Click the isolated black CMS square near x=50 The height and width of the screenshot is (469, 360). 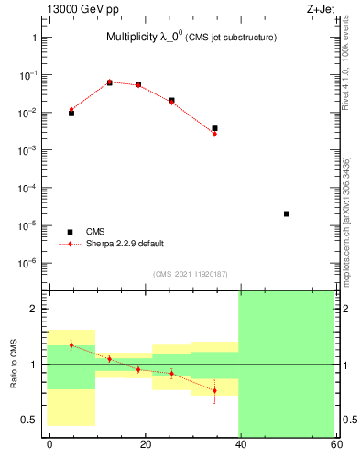point(287,213)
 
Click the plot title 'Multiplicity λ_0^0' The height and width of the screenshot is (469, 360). point(147,37)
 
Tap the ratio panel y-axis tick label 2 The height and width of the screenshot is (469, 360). point(33,309)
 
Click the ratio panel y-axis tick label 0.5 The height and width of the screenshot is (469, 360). point(28,420)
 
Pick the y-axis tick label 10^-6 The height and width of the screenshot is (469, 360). point(27,263)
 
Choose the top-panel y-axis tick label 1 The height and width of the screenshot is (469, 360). point(33,38)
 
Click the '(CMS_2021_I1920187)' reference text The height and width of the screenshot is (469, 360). point(191,274)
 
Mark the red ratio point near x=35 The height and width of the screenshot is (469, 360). point(215,391)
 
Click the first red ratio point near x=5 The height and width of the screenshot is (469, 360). point(71,345)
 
